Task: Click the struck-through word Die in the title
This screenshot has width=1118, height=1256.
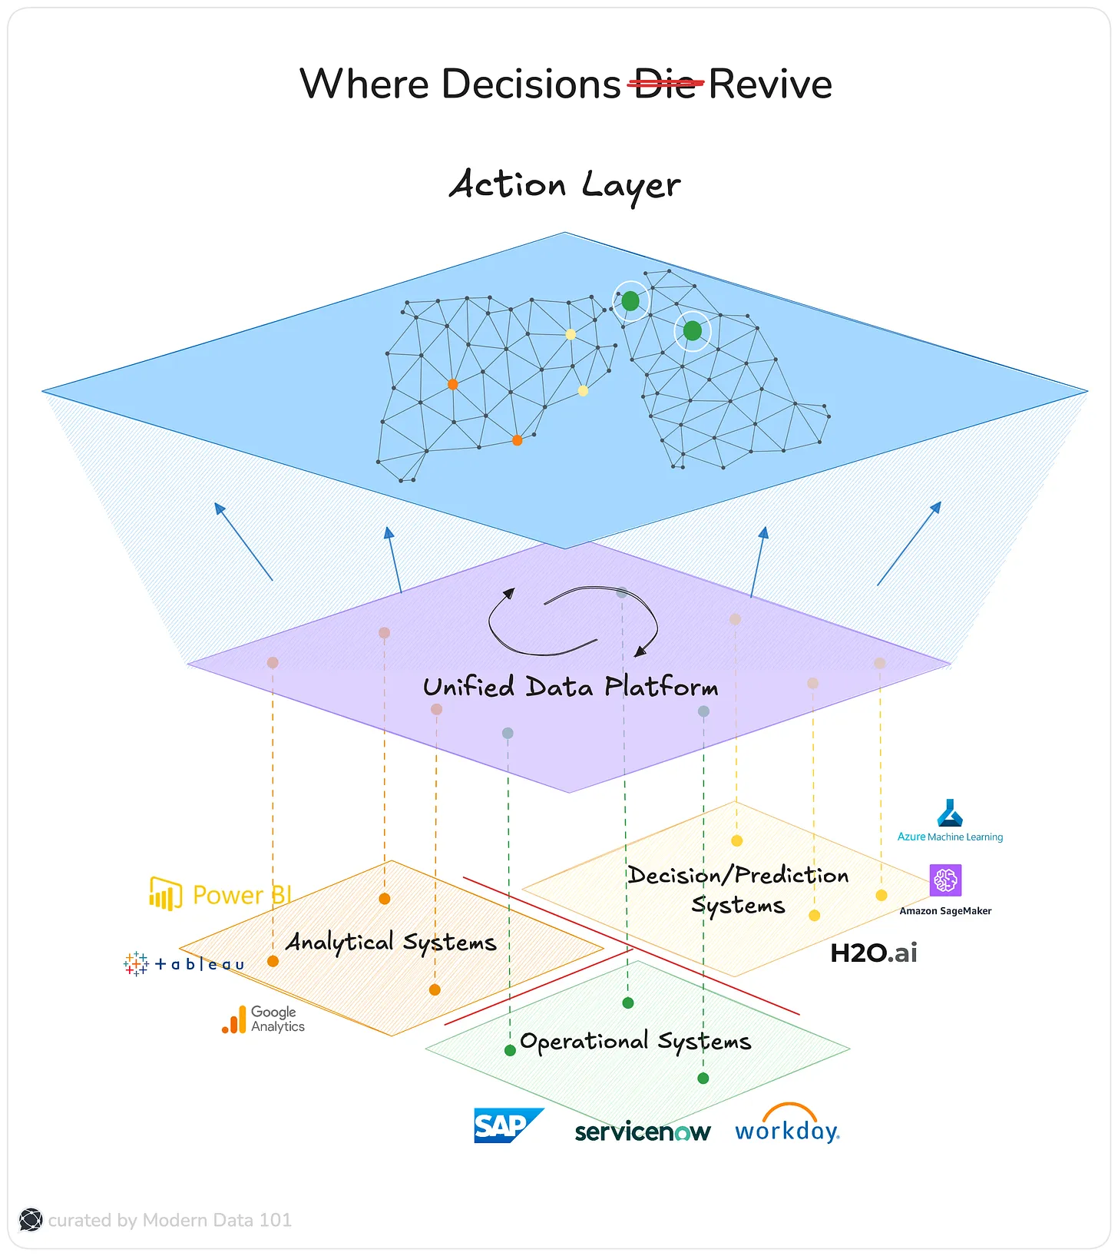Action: [665, 84]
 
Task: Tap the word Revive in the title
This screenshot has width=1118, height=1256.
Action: [770, 84]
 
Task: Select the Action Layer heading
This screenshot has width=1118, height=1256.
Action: [564, 185]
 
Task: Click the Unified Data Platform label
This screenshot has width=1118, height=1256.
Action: [571, 687]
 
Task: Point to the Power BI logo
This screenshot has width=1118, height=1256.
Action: [220, 894]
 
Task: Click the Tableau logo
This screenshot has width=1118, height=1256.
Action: [184, 963]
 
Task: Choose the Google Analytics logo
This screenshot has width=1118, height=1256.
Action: [263, 1019]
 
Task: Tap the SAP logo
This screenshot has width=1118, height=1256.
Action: [507, 1125]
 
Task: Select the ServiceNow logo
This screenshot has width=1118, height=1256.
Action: [643, 1132]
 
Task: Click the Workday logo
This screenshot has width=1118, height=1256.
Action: [787, 1125]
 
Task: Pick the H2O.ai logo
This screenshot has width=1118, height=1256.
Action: [874, 953]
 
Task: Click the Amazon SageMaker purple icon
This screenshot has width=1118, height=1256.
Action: [945, 880]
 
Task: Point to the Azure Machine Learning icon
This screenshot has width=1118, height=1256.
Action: [950, 813]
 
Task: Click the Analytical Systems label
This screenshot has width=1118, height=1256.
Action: [391, 942]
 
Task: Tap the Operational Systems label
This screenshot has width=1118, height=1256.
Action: [635, 1042]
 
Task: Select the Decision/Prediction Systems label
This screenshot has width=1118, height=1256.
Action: [738, 890]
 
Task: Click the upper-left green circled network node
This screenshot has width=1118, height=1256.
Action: [630, 301]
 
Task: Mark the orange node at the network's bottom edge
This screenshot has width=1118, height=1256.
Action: [517, 440]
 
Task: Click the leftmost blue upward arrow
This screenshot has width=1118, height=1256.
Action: [243, 541]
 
